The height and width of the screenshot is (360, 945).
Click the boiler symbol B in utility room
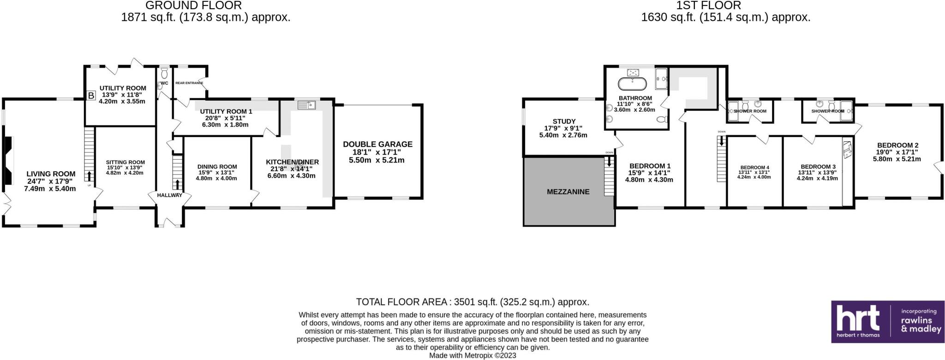click(91, 96)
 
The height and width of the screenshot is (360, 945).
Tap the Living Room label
click(51, 174)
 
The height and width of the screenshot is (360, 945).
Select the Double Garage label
click(377, 144)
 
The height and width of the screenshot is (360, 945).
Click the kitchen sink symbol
click(306, 105)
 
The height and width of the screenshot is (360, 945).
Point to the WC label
click(164, 83)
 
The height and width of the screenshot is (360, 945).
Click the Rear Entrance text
click(189, 83)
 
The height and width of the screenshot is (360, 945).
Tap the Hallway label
click(169, 195)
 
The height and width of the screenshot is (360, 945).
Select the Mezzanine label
click(568, 192)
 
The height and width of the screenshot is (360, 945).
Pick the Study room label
click(564, 121)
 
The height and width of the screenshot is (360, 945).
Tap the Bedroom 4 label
click(754, 168)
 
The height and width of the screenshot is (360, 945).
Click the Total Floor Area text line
click(472, 302)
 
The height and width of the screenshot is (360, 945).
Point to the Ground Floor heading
click(193, 6)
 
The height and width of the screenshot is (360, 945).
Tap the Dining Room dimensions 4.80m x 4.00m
click(216, 178)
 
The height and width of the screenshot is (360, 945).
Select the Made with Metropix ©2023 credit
click(472, 356)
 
